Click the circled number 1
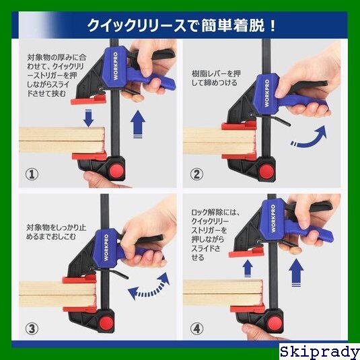[x=32, y=174]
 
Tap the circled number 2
[x=196, y=174]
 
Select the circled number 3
[x=32, y=328]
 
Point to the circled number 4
[x=196, y=328]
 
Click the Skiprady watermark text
[x=320, y=352]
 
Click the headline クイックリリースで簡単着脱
[x=182, y=26]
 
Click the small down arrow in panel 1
[x=88, y=118]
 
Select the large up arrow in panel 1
[x=137, y=124]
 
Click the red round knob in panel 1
[x=116, y=171]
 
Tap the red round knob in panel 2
[x=266, y=172]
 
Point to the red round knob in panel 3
[x=106, y=323]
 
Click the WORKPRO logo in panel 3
[x=106, y=247]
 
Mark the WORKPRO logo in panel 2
[x=266, y=93]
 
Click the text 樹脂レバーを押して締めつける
[x=216, y=78]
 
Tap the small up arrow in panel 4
[x=248, y=268]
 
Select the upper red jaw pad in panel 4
[x=246, y=253]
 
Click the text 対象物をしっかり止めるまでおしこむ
[x=57, y=232]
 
